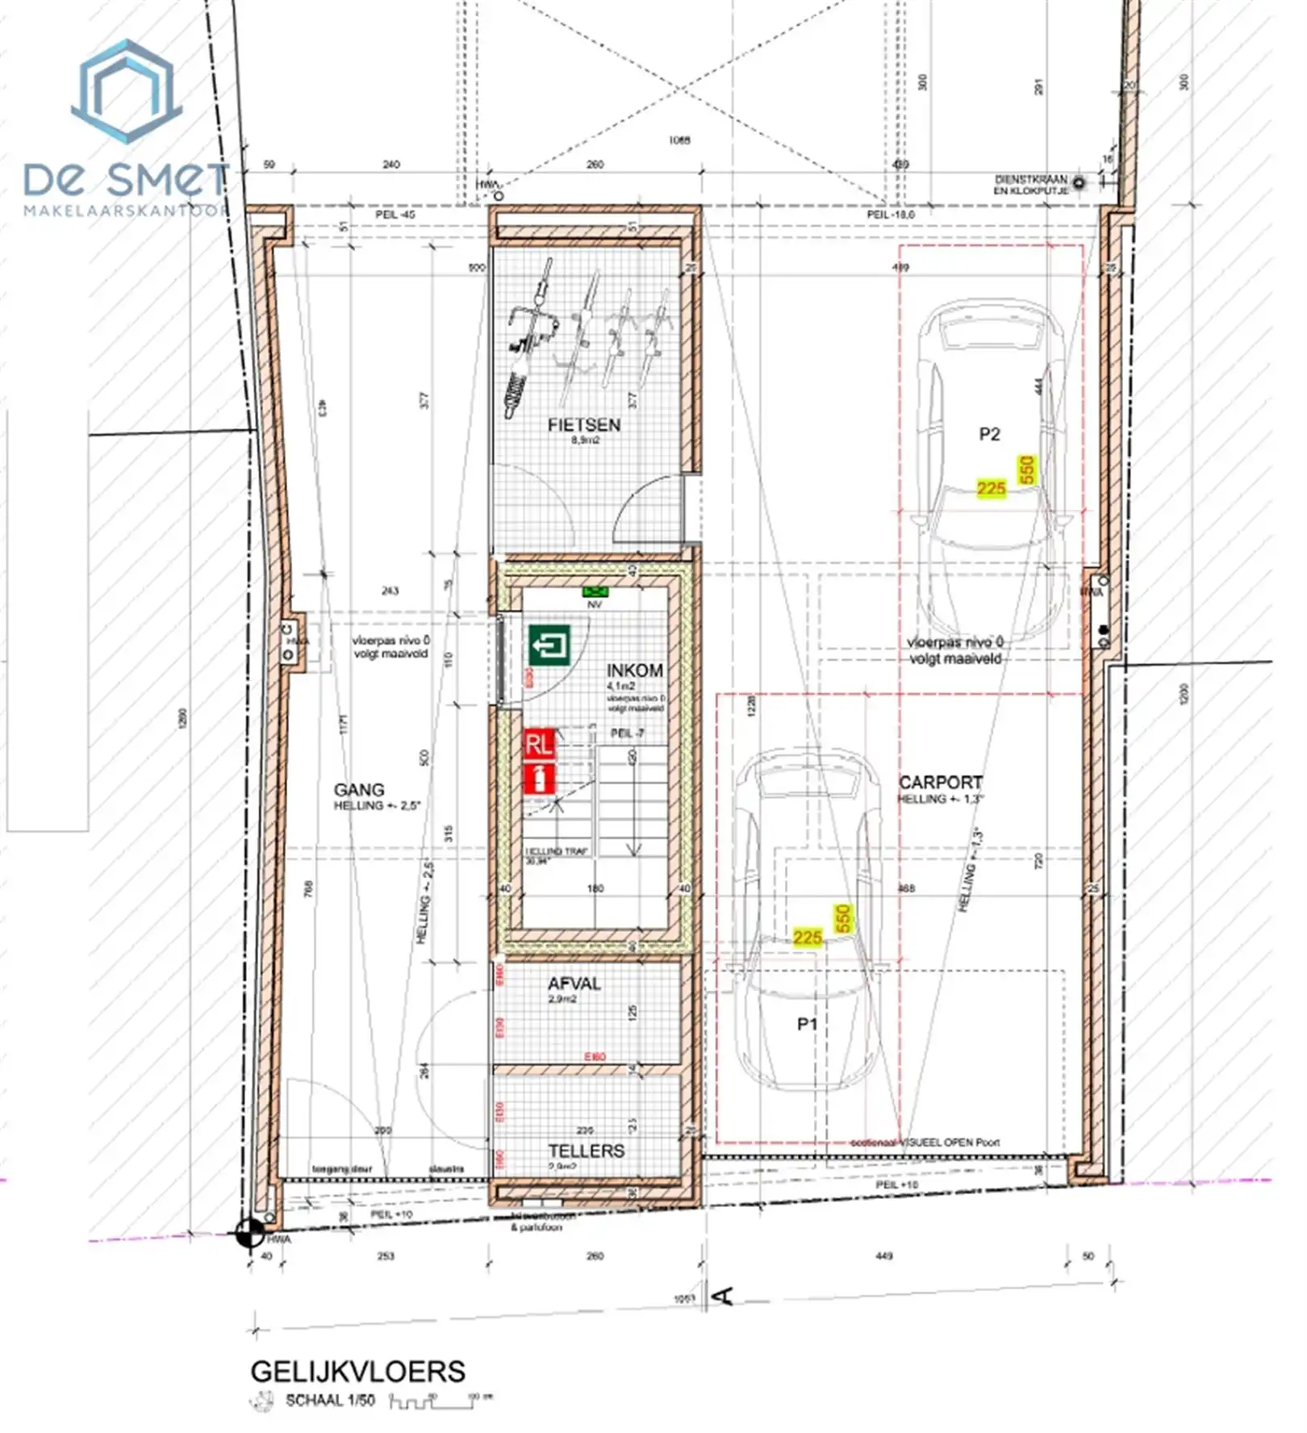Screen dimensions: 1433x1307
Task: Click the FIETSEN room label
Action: tap(583, 424)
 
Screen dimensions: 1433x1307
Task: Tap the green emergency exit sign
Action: tap(549, 645)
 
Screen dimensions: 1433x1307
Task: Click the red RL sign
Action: tap(539, 743)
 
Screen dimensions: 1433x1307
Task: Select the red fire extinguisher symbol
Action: tap(539, 779)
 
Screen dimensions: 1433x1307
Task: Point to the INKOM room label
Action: tap(635, 671)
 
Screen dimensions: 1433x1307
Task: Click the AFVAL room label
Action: tap(574, 984)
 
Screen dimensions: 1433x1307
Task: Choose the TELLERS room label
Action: tap(586, 1151)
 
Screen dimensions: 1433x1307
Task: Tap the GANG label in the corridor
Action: tap(359, 790)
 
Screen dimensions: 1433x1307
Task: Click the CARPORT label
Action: tap(941, 782)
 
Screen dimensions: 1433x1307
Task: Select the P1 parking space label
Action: tap(807, 1024)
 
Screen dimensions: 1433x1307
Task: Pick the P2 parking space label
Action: tap(989, 434)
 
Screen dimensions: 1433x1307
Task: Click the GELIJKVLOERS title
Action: tap(357, 1371)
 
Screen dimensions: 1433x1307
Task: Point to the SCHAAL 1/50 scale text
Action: tap(330, 1400)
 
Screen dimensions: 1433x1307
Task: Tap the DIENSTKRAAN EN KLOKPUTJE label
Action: tap(1030, 185)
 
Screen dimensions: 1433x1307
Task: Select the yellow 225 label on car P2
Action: tap(991, 488)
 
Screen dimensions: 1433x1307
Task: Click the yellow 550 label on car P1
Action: tap(842, 918)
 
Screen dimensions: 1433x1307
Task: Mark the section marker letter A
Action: tap(724, 1296)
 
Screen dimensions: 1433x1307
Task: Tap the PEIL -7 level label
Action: tap(626, 733)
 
